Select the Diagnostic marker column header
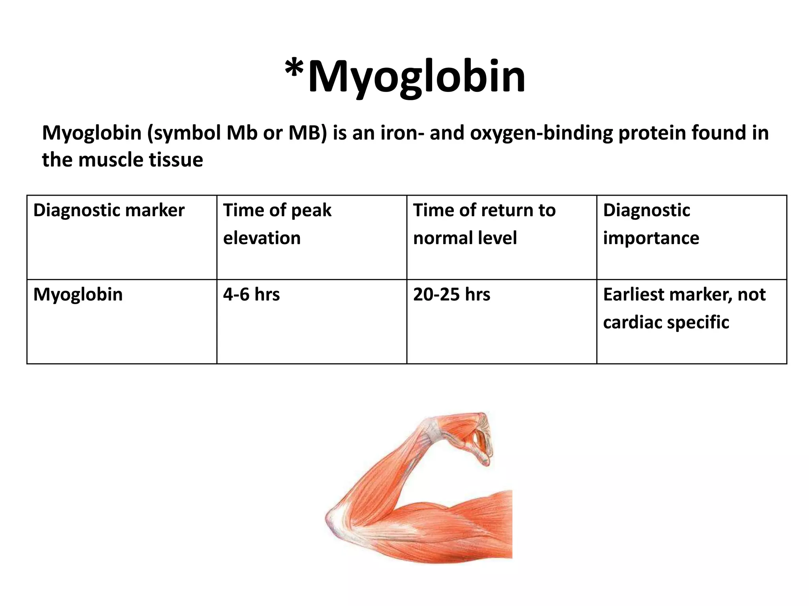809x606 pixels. coord(109,210)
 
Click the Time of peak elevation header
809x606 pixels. coord(277,224)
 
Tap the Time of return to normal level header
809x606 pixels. coord(484,224)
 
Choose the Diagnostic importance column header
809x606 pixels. coord(651,224)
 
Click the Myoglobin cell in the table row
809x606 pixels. coord(78,295)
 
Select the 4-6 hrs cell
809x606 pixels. coord(252,295)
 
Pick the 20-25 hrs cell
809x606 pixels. coord(452,295)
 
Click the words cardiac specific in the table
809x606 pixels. coord(666,322)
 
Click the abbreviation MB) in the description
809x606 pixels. coord(308,133)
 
